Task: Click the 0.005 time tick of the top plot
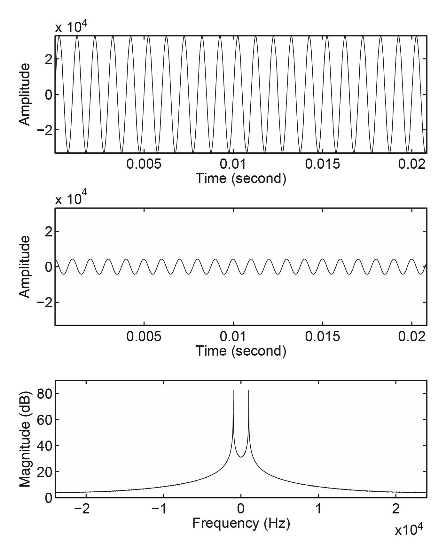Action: coord(144,164)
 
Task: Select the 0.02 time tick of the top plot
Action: coord(411,164)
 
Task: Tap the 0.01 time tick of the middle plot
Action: coord(233,336)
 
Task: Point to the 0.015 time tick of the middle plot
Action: coord(323,336)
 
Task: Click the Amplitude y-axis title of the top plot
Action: coord(25,94)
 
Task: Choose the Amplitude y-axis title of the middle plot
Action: coord(25,267)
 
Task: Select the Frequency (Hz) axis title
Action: coord(241,523)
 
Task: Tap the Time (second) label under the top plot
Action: coord(240,178)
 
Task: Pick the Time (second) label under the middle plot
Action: coord(240,351)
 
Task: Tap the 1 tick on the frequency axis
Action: coord(318,509)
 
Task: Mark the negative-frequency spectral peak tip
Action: coord(233,390)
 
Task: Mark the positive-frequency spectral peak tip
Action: coord(249,390)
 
